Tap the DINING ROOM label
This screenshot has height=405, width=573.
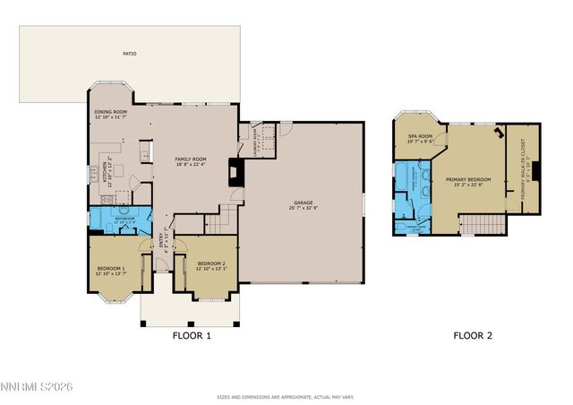click(x=111, y=113)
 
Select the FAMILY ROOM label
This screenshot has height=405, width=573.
click(x=190, y=159)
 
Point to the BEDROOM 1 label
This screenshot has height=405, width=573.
click(x=111, y=268)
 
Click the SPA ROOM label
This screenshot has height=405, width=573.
click(x=420, y=137)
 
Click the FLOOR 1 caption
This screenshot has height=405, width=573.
click(x=191, y=337)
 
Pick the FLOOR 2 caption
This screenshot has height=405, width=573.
click(x=472, y=337)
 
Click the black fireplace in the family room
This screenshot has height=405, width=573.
click(x=235, y=172)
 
